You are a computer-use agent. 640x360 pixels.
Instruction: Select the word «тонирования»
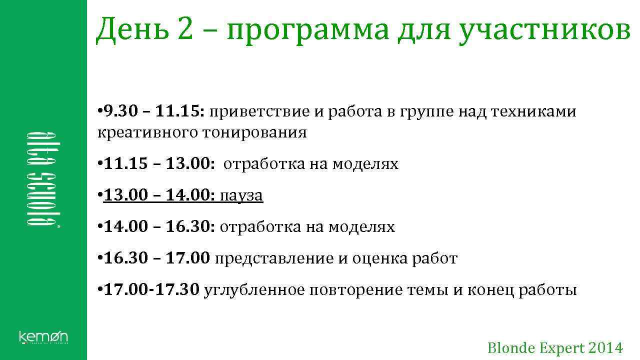(x=254, y=133)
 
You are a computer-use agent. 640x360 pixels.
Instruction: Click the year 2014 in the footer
(x=606, y=348)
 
